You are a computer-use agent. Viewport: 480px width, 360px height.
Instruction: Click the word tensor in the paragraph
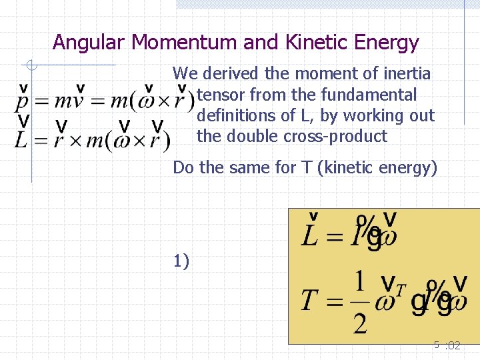click(219, 95)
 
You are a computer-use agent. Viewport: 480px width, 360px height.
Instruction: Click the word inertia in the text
click(407, 73)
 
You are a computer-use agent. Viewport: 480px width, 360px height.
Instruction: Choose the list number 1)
click(181, 261)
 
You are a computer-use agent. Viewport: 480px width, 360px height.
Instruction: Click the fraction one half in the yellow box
click(360, 304)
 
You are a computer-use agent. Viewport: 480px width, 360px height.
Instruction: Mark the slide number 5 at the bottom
click(437, 345)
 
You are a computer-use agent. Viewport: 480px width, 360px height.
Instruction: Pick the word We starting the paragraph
click(185, 73)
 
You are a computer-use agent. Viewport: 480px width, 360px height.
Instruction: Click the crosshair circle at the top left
click(31, 65)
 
